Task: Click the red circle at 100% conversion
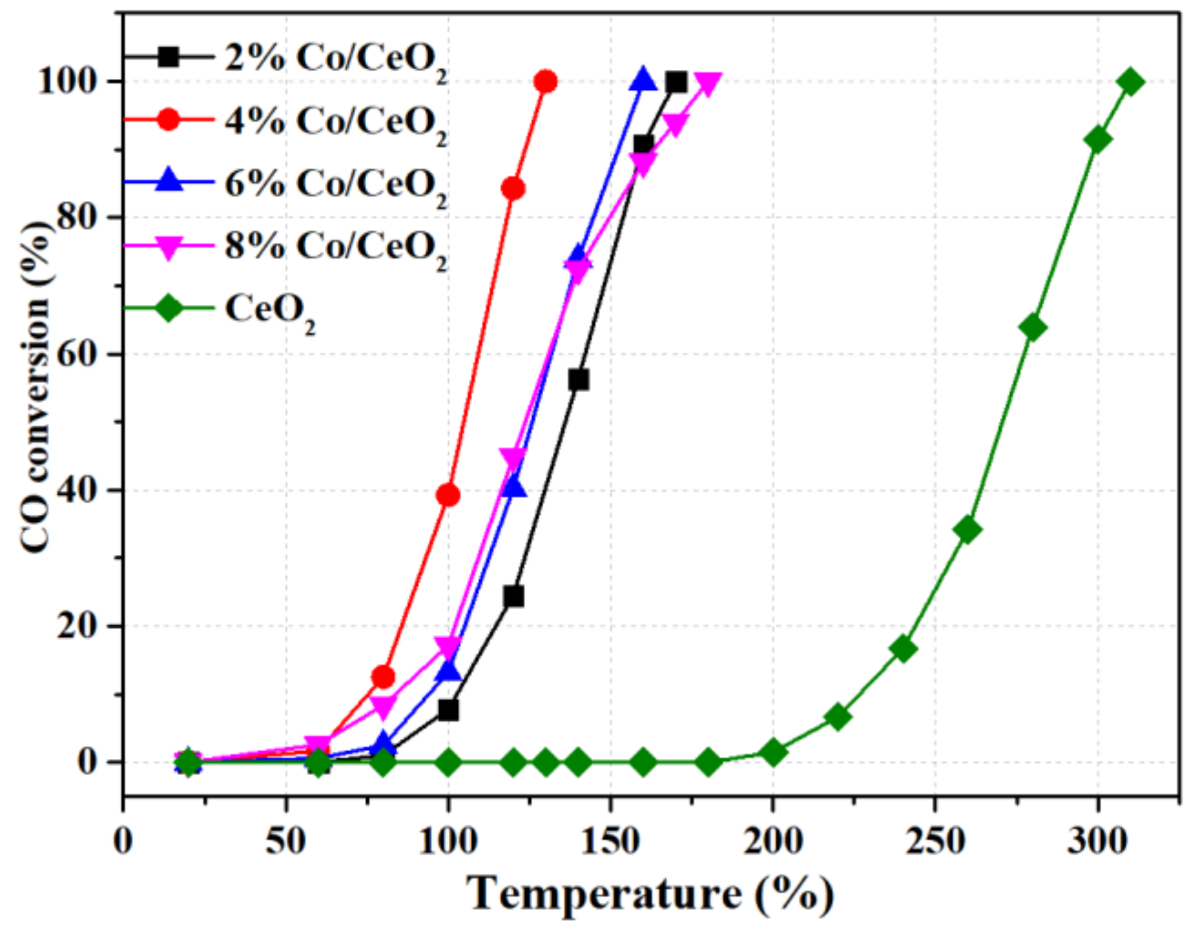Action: tap(545, 81)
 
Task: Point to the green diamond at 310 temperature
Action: tap(1130, 81)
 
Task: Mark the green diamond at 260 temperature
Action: tap(968, 529)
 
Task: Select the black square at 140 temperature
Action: tap(578, 380)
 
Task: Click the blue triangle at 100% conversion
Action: tap(643, 80)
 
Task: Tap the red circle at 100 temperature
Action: tap(448, 495)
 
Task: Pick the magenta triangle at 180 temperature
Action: tap(708, 83)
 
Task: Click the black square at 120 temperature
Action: tap(513, 597)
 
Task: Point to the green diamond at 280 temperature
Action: tap(1033, 328)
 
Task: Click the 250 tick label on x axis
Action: tap(934, 841)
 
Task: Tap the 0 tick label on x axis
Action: tap(123, 841)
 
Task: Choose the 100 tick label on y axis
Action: tap(68, 81)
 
